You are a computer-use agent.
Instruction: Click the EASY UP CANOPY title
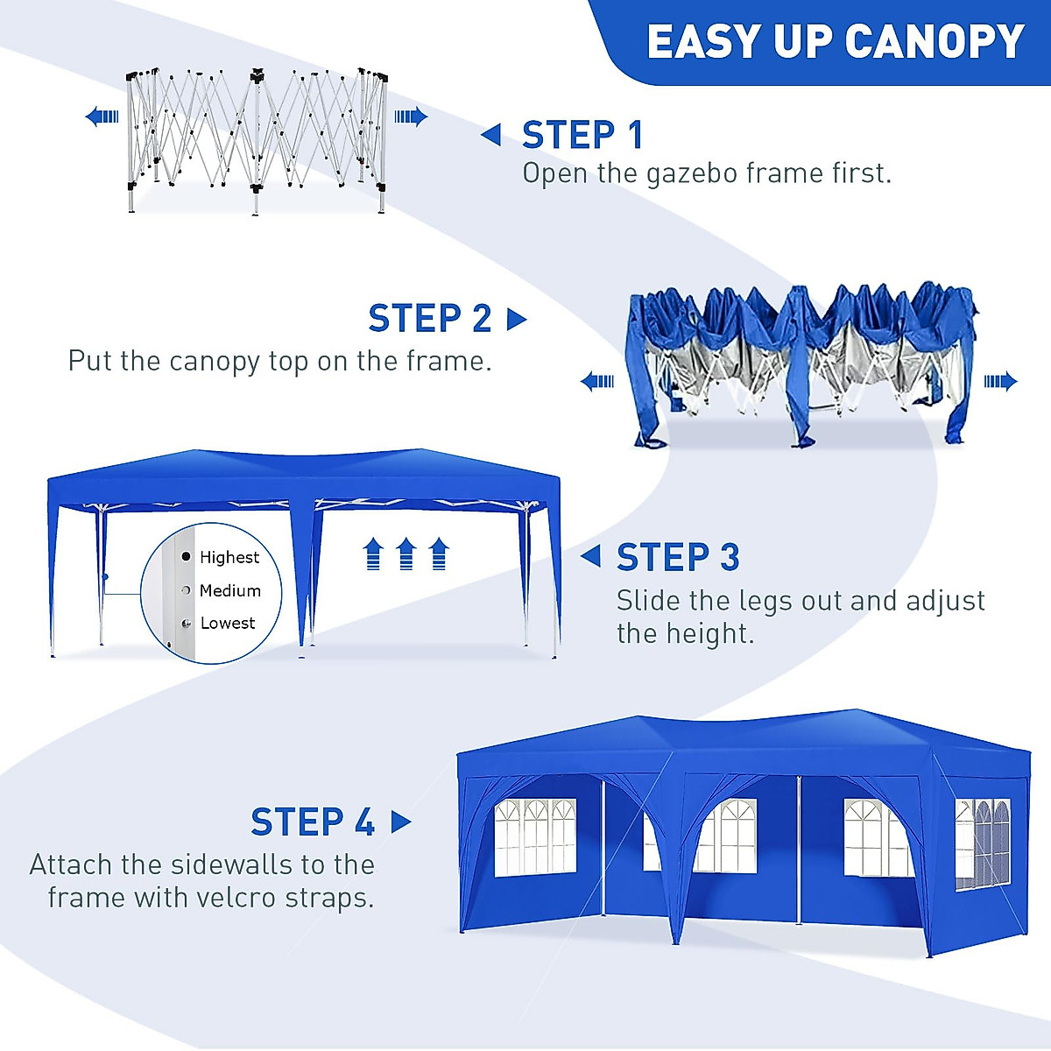coord(835,41)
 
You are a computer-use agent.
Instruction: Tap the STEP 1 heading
coord(582,135)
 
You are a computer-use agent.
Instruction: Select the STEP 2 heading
coord(429,319)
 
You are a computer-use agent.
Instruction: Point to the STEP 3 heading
coord(678,557)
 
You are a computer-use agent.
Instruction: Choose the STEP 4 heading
coord(313,822)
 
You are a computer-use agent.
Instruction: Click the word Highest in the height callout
coord(229,557)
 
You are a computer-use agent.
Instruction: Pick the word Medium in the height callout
coord(230,590)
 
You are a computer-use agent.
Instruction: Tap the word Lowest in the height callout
coord(228,623)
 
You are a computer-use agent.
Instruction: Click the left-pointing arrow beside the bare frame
coord(102,116)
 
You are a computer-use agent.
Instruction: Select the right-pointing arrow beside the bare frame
coord(410,116)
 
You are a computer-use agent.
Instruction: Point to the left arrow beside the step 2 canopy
coord(598,381)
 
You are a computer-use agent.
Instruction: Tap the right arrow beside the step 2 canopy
coord(1000,381)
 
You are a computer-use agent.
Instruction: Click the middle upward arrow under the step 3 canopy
coord(406,554)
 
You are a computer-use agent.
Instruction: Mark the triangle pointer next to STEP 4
coord(401,822)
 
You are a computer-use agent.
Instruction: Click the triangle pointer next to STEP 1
coord(491,135)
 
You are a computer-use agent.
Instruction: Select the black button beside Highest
coord(186,556)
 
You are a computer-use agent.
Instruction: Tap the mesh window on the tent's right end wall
coord(981,843)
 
